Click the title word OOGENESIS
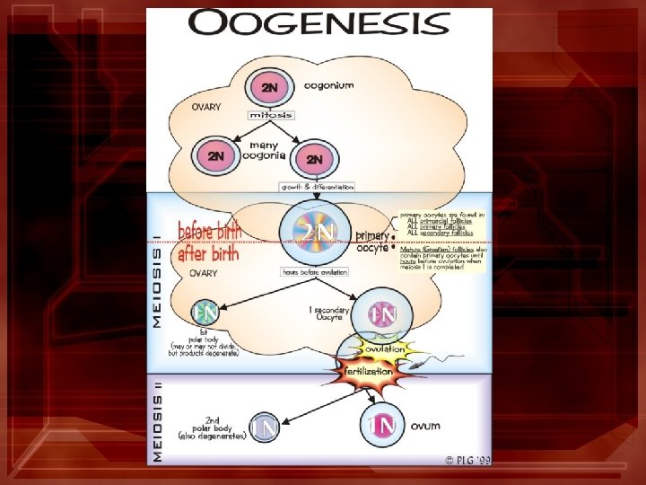(319, 23)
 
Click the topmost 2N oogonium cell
(269, 88)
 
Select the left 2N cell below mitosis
(216, 156)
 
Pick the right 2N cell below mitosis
(314, 159)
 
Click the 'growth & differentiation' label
(318, 187)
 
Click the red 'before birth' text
(208, 231)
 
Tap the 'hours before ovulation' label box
(314, 271)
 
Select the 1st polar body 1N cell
(205, 313)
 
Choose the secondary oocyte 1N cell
(382, 315)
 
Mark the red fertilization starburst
(365, 369)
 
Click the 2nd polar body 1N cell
(265, 428)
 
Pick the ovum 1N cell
(380, 425)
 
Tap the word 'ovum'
(426, 425)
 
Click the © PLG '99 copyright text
(467, 460)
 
